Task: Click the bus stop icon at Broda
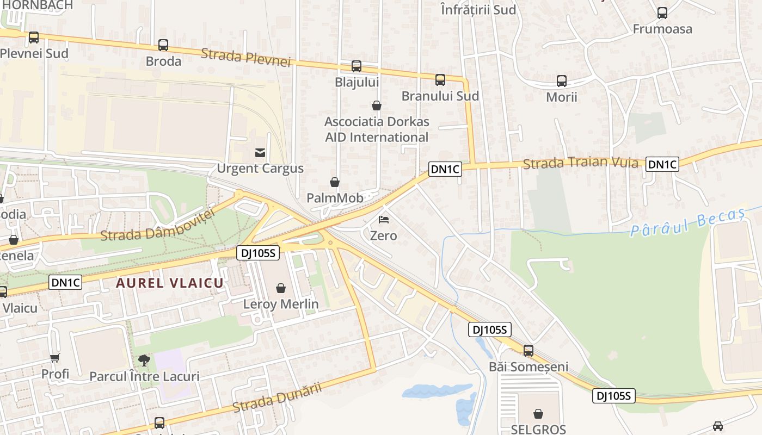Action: [163, 45]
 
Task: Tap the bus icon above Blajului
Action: [357, 66]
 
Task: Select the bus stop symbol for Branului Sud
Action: [440, 80]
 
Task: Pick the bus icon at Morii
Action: [562, 81]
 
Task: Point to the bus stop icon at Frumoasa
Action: [662, 13]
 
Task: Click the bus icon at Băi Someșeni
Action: [529, 351]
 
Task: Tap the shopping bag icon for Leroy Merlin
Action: [281, 288]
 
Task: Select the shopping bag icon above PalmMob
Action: [335, 182]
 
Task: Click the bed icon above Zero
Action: [384, 220]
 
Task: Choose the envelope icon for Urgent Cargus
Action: [260, 153]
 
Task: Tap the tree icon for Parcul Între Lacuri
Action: [144, 360]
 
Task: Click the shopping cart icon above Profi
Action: [54, 358]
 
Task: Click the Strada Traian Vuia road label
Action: [580, 163]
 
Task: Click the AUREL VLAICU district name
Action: [170, 283]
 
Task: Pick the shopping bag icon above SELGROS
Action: [538, 414]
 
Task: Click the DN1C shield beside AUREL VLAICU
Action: [65, 282]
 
